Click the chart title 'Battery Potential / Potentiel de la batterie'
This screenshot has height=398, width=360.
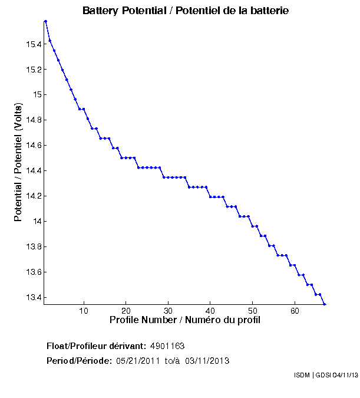pos(186,11)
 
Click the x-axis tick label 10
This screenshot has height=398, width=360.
pos(84,310)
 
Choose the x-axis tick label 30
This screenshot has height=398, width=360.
pos(169,310)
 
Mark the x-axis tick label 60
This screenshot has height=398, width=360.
pos(295,310)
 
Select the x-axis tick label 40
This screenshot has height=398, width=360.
pos(210,310)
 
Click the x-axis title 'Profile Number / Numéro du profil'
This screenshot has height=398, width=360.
pos(185,320)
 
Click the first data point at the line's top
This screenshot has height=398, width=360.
pos(45,21)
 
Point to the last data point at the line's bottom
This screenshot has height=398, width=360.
pos(325,304)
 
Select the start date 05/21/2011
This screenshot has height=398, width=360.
pos(138,360)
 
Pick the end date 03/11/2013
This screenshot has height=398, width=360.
pos(207,360)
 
